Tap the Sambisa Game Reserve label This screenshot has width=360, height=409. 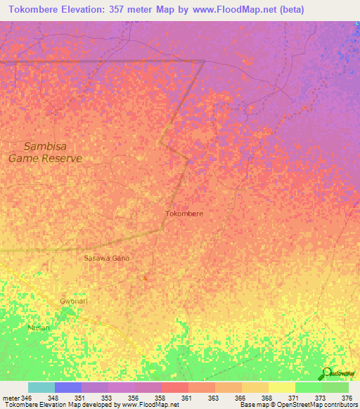pyautogui.click(x=45, y=152)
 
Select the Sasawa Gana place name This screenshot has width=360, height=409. pyautogui.click(x=107, y=258)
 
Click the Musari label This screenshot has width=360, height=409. pyautogui.click(x=39, y=327)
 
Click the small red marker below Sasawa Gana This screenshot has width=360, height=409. pyautogui.click(x=145, y=278)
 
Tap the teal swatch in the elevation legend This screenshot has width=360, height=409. pyautogui.click(x=41, y=387)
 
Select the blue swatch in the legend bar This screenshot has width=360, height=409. pyautogui.click(x=68, y=387)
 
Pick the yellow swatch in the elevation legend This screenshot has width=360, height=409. pyautogui.click(x=281, y=387)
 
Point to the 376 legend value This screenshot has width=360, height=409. pyautogui.click(x=347, y=398)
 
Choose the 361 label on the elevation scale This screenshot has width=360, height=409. pyautogui.click(x=187, y=398)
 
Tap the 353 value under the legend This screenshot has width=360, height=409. pyautogui.click(x=107, y=398)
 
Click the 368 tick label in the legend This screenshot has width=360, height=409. pyautogui.click(x=267, y=398)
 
